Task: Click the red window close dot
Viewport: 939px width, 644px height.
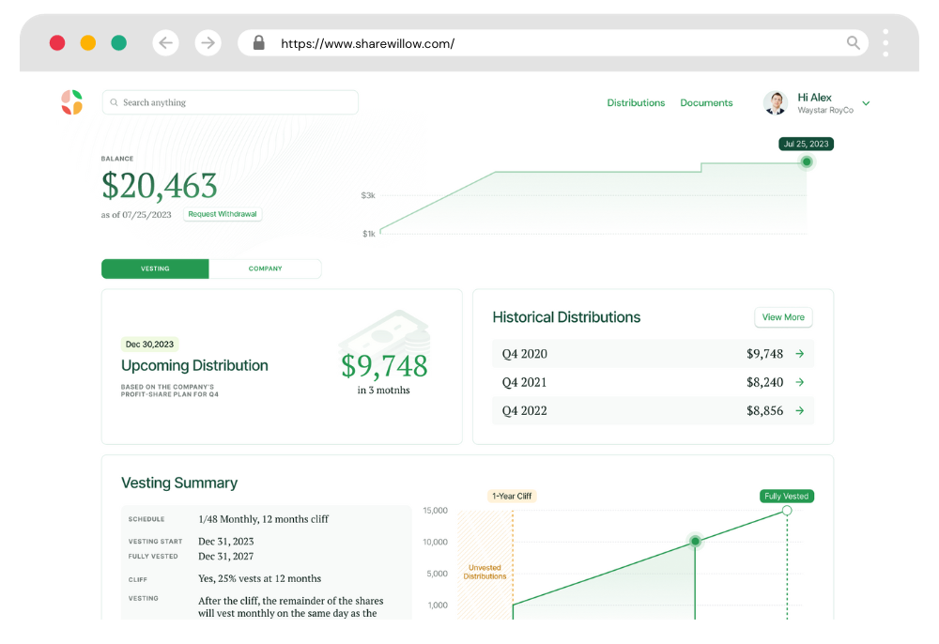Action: (57, 42)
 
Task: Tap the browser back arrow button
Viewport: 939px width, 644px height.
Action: (166, 42)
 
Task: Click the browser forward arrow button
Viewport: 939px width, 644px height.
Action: (208, 42)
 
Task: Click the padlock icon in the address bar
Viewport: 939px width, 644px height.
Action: (259, 43)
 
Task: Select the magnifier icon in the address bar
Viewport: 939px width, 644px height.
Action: (854, 42)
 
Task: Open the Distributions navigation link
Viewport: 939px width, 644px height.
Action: (636, 103)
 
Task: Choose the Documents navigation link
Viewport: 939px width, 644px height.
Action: (706, 103)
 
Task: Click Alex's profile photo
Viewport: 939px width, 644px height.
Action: (776, 103)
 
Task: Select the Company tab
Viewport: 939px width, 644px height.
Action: (265, 269)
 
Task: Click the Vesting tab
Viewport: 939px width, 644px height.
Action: (155, 269)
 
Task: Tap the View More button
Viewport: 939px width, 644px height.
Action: (783, 317)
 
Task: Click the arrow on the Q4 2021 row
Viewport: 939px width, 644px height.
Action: (800, 382)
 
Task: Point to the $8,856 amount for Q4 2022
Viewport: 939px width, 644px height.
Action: (764, 411)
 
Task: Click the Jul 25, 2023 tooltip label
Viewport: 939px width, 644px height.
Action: (806, 145)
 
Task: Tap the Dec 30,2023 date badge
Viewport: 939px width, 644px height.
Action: (150, 345)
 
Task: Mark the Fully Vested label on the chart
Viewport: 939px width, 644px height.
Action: (786, 496)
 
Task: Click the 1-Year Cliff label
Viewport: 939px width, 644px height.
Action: (512, 496)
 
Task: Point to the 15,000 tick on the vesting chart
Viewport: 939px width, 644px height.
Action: (435, 511)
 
